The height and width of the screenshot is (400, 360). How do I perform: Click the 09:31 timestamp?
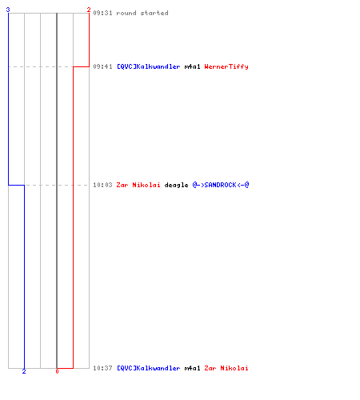coord(102,13)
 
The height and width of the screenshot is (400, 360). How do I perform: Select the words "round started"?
coord(142,13)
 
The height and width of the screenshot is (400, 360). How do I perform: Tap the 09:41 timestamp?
coord(102,66)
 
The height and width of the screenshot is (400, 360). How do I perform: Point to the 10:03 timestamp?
coord(102,185)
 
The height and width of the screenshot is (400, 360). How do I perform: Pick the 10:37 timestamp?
coord(102,368)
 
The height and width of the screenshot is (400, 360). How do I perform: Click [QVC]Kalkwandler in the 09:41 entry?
coord(149,66)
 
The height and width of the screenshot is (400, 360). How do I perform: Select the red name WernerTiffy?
coord(226,66)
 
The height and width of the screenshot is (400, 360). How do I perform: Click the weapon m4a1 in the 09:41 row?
coord(192,66)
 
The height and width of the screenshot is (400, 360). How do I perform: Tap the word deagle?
coord(176,185)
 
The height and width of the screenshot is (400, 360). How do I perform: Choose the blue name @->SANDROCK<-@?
coord(221,185)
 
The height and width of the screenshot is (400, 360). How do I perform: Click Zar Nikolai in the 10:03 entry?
coord(138,185)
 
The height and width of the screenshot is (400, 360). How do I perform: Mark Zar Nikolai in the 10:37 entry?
coord(226,368)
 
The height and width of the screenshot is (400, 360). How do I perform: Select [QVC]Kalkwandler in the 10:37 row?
coord(149,368)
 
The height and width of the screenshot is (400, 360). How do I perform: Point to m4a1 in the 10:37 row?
coord(192,368)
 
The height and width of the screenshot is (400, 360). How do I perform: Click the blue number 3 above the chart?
coord(8,10)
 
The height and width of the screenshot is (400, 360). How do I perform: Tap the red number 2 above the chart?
coord(89,10)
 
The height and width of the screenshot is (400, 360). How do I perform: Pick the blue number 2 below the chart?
coord(24,371)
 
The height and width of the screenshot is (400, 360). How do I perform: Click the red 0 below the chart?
coord(57,371)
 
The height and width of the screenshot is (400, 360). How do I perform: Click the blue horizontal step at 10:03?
coord(17,185)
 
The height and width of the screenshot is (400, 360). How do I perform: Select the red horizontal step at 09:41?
coord(81,66)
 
